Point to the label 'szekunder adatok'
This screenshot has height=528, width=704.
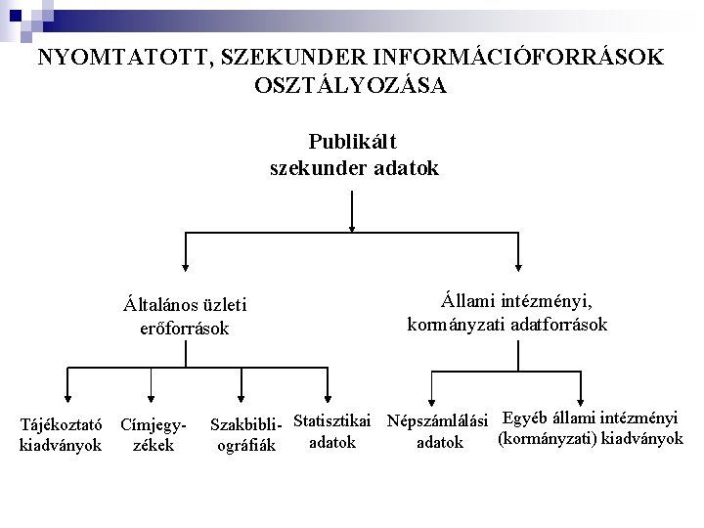[x=354, y=168]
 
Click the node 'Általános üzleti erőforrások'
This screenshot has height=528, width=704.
[x=186, y=315]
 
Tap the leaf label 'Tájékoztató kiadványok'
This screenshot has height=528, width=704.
[x=63, y=435]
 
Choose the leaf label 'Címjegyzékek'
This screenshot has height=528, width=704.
[x=153, y=435]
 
